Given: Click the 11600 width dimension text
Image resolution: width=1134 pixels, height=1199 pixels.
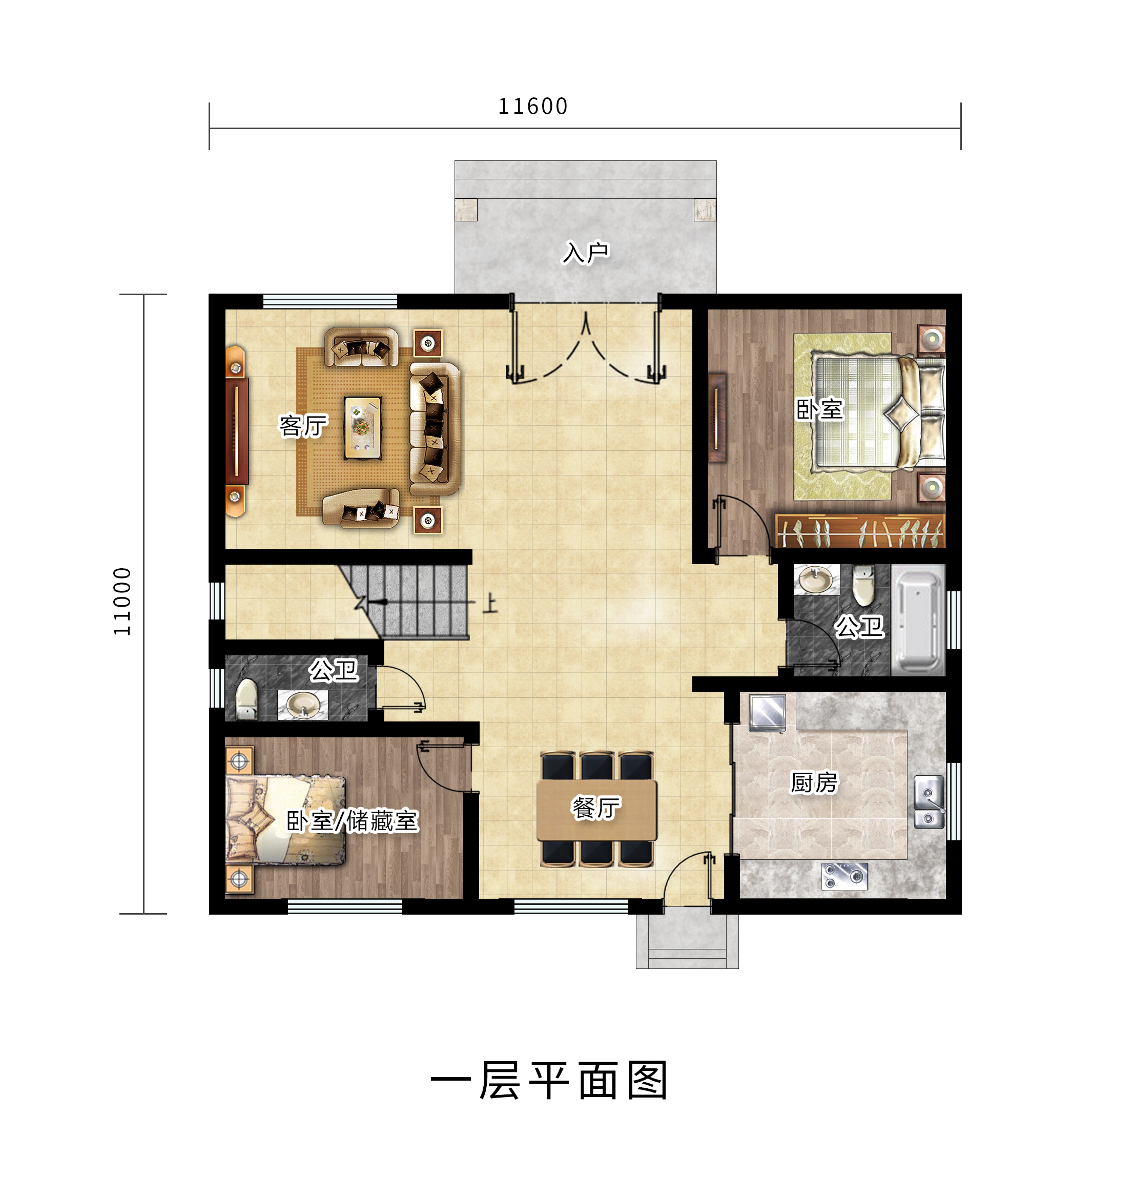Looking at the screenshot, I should [532, 107].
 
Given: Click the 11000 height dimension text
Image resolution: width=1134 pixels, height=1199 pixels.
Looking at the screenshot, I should [122, 602].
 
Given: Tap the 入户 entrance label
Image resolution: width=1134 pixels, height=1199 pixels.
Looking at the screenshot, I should [585, 253].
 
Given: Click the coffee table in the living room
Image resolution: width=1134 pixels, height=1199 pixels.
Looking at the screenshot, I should [363, 427].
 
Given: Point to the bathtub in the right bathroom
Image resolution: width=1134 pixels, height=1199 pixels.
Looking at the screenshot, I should [918, 621].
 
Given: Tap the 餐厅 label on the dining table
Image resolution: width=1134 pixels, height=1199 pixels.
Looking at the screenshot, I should [596, 808].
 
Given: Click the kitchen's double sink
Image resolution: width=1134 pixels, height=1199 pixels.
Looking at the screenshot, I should [929, 801].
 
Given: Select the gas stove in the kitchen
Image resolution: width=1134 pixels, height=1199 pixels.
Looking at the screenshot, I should [844, 876].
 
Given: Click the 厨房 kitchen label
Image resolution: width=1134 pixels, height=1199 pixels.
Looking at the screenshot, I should [814, 782].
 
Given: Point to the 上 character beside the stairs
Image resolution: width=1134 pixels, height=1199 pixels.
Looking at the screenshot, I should [490, 603].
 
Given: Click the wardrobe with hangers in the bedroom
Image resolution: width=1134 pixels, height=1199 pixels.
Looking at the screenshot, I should [859, 531].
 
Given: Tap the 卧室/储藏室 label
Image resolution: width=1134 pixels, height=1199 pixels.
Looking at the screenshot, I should [352, 821].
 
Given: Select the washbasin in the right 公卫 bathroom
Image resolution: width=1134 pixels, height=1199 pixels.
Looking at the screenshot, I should [815, 580].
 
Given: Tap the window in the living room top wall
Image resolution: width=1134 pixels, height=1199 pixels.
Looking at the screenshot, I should [330, 301].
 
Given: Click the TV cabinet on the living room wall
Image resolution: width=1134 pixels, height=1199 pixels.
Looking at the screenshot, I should [236, 431].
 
